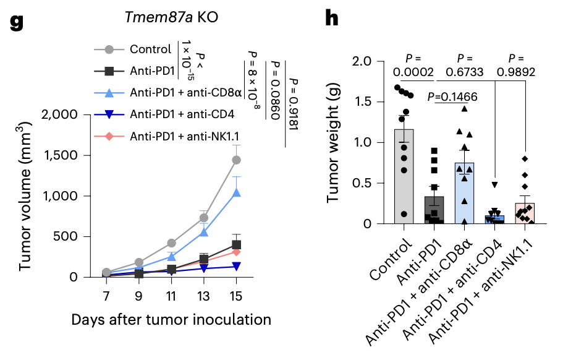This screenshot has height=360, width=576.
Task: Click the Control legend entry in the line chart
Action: pos(151,49)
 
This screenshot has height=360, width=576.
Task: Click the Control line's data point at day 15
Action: pos(236,160)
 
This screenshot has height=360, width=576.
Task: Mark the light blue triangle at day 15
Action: pos(236,193)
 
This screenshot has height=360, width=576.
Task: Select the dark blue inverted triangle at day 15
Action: pos(236,266)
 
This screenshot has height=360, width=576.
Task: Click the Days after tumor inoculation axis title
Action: pos(171,320)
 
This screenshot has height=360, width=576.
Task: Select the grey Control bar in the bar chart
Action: pos(404,179)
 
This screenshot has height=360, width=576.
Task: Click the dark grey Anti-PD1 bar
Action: pos(434,210)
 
